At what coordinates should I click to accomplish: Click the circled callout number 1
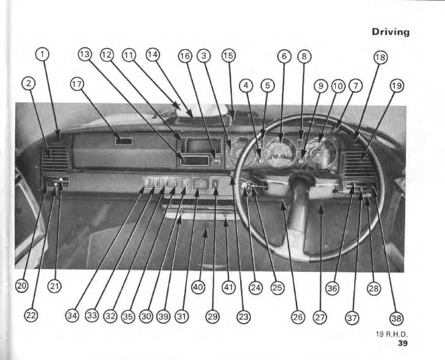click(x=42, y=54)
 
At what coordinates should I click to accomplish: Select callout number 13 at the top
click(x=85, y=54)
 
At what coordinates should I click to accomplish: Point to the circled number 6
click(x=285, y=56)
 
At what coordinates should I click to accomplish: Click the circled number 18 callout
click(x=380, y=57)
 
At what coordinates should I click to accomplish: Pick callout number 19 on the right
click(x=397, y=85)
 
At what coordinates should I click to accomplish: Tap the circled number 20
click(x=22, y=286)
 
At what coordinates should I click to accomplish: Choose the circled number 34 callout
click(x=73, y=315)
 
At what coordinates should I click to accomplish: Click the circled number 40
click(x=198, y=287)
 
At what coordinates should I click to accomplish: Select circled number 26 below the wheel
click(x=298, y=317)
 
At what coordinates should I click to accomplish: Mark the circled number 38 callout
click(x=395, y=318)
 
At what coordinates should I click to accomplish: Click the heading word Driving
click(x=390, y=32)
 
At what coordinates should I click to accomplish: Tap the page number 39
click(x=402, y=343)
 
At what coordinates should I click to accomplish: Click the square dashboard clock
click(x=200, y=183)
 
